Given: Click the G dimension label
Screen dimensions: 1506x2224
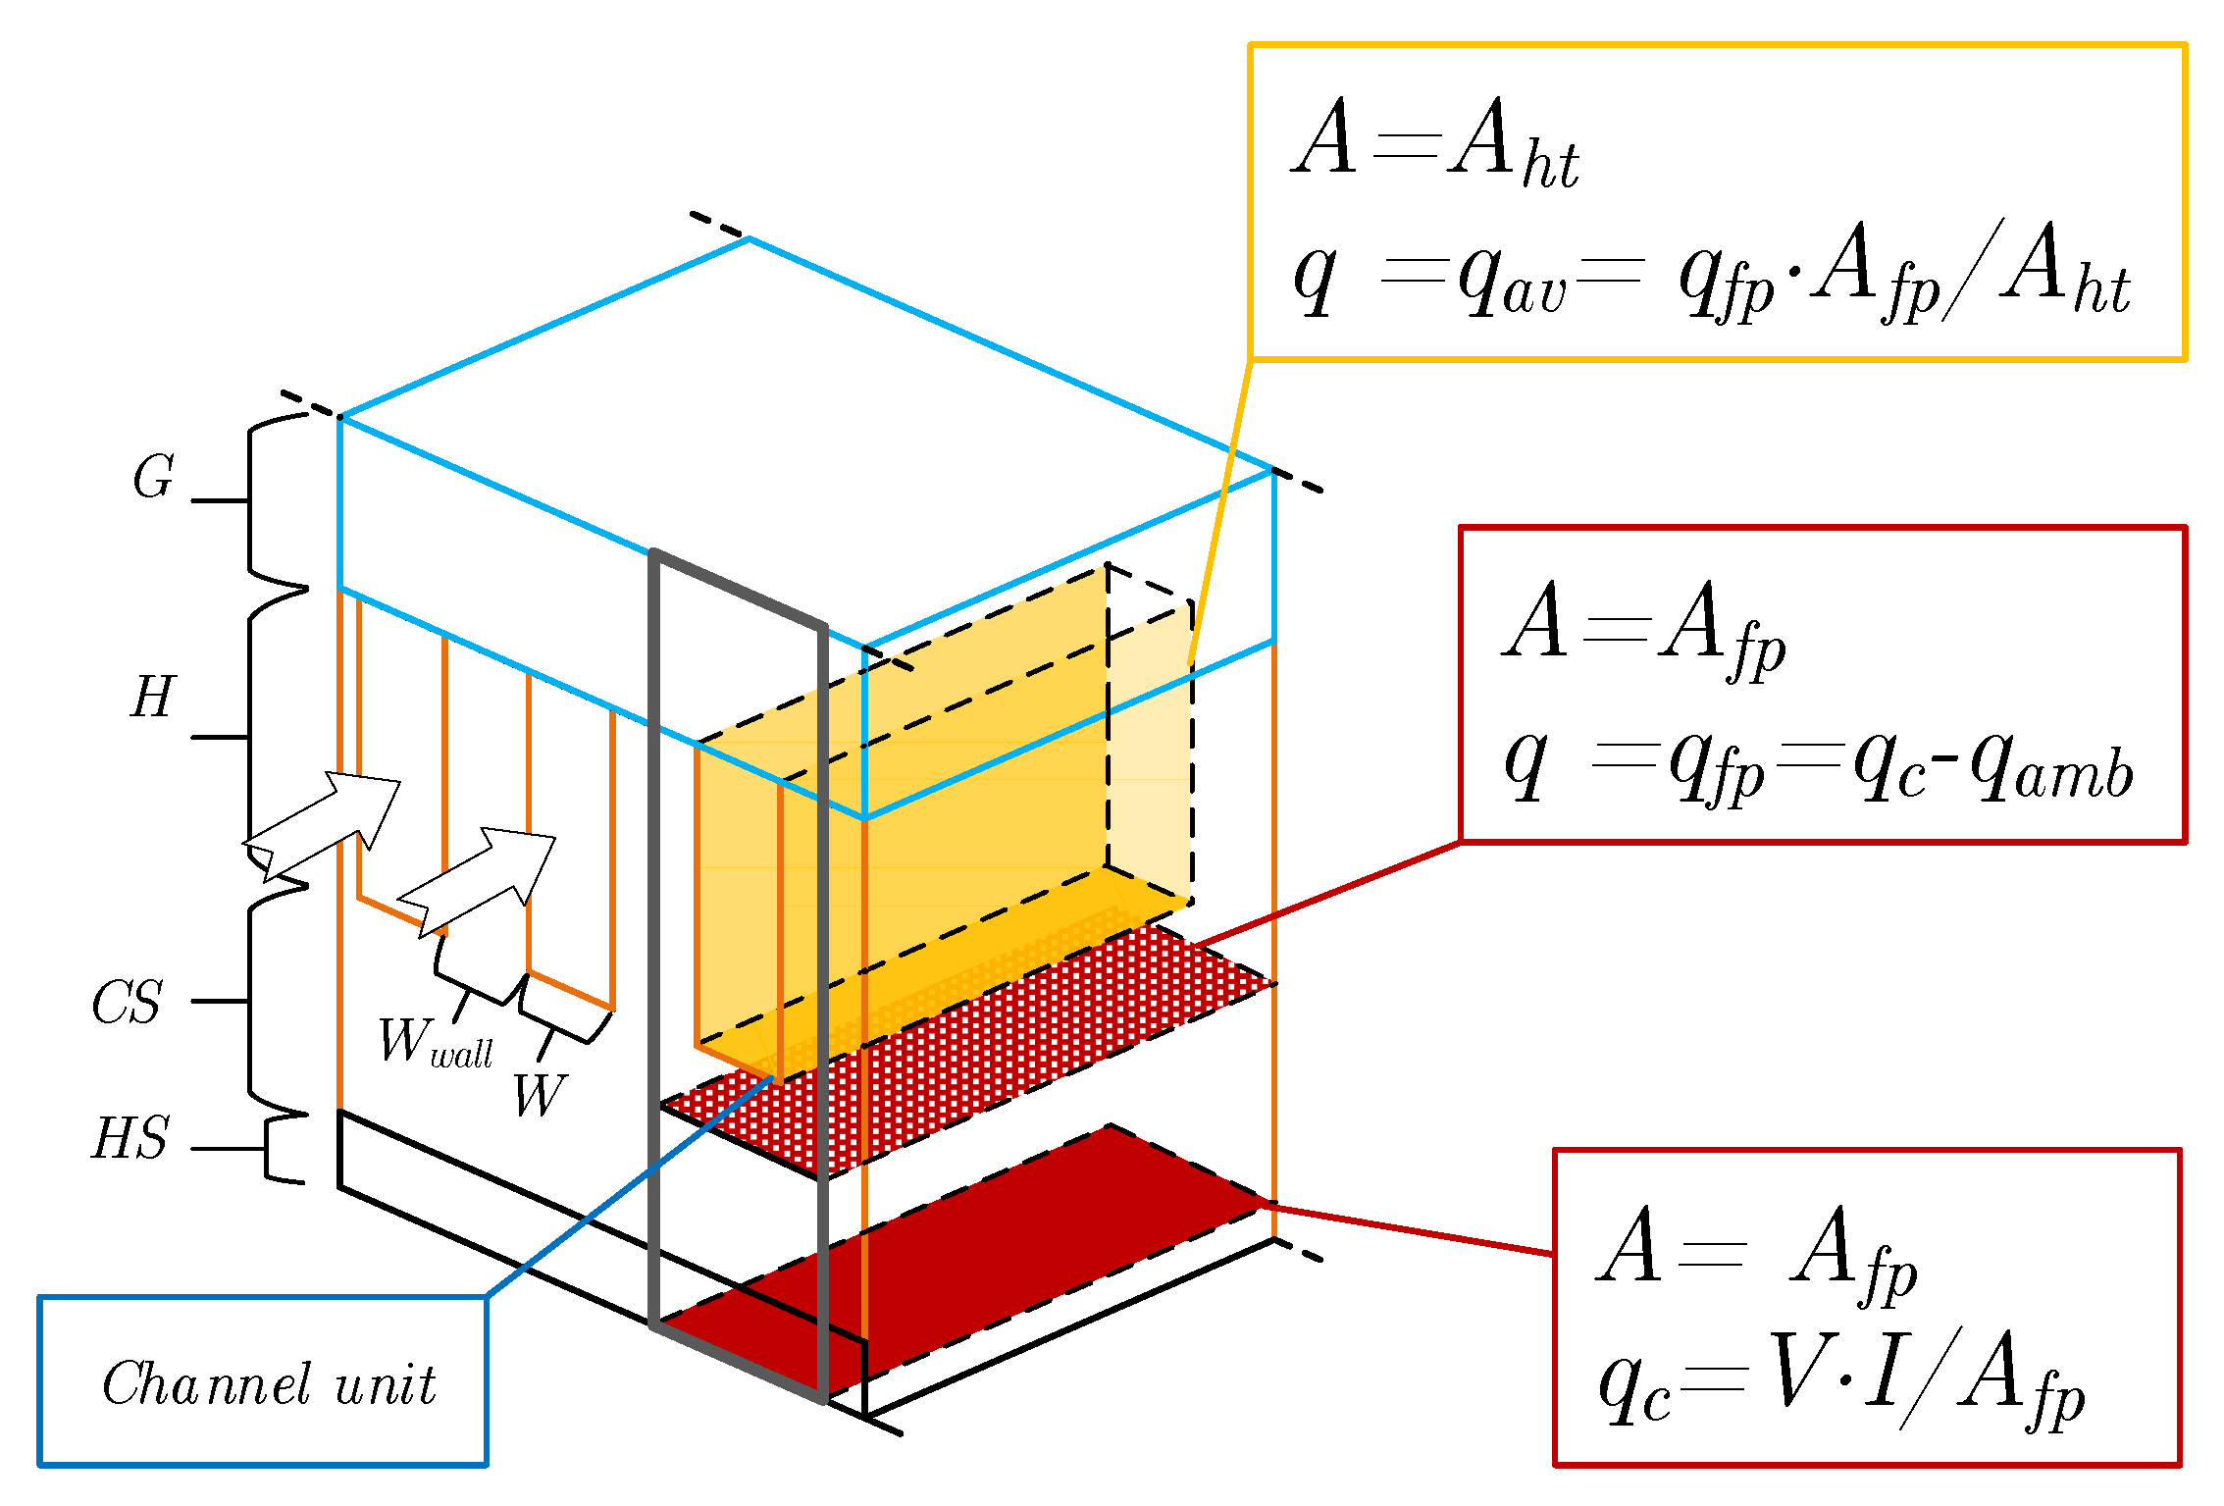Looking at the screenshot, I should [x=154, y=478].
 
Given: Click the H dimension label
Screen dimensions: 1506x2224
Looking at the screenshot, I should [x=152, y=698].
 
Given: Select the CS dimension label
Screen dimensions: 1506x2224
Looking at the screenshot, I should [x=128, y=1003].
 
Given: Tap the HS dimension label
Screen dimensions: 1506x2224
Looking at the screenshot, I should [x=130, y=1139].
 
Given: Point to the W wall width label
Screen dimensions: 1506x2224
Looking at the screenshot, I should [x=435, y=1043].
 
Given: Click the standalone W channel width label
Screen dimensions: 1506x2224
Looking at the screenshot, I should [x=540, y=1095].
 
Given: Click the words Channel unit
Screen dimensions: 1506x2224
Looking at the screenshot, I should [x=269, y=1384].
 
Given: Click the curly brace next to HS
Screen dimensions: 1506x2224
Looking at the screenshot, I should [x=280, y=1148].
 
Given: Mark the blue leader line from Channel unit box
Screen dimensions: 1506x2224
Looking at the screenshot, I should [x=628, y=1187].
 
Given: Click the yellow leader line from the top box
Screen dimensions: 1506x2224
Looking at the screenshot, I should [x=1221, y=510].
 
